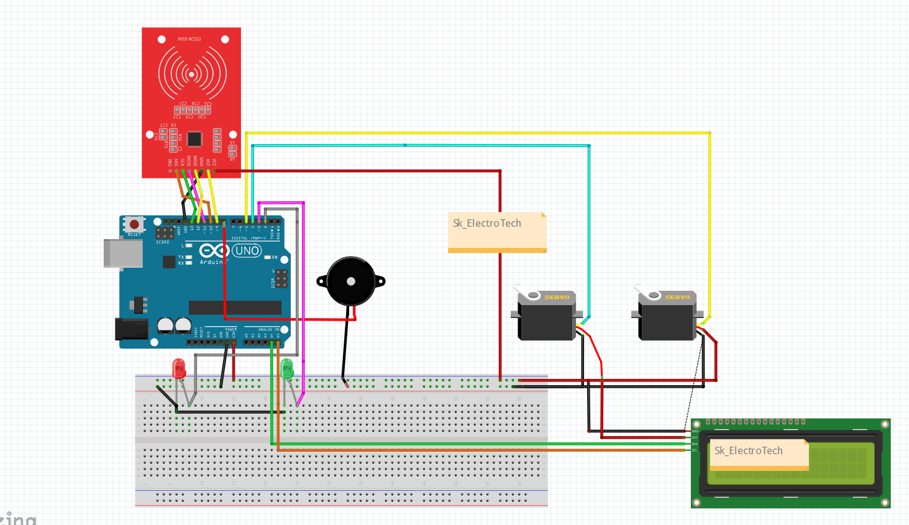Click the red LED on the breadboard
[x=179, y=368]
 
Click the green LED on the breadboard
[x=286, y=368]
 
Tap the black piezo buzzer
[x=351, y=281]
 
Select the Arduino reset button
[x=134, y=224]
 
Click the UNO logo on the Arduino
[x=247, y=251]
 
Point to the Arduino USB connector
[x=122, y=253]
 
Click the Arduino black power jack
[x=131, y=329]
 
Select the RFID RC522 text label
[x=190, y=39]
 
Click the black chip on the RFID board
[x=194, y=139]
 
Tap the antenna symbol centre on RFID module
[x=191, y=74]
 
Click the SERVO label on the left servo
[x=557, y=298]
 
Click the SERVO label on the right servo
[x=677, y=298]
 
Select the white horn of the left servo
[x=528, y=293]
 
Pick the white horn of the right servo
[x=647, y=293]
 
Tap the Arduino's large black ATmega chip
[x=235, y=308]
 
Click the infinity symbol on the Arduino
[x=214, y=251]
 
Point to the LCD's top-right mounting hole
[x=885, y=424]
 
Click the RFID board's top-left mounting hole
[x=162, y=39]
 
